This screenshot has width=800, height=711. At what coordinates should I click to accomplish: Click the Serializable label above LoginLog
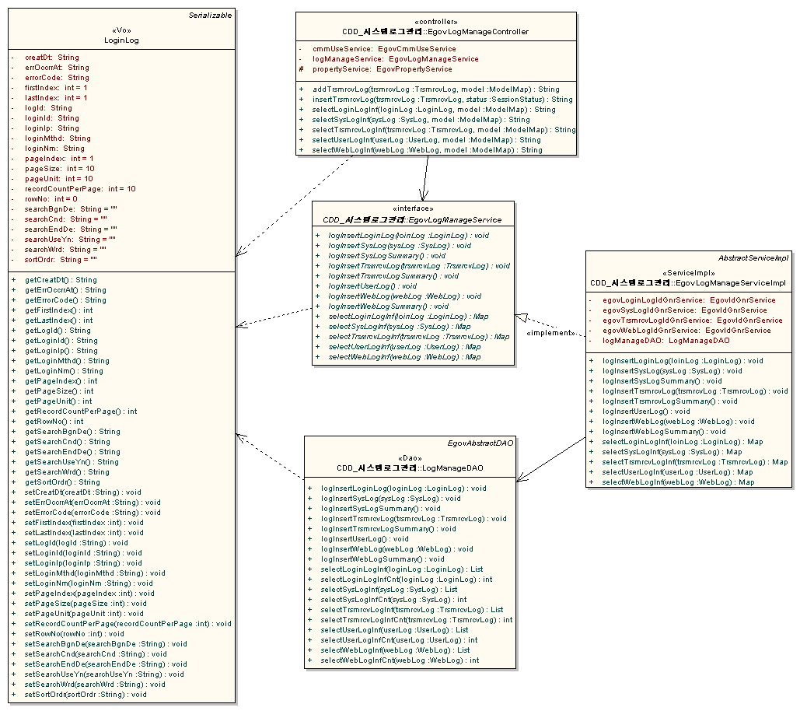(x=211, y=16)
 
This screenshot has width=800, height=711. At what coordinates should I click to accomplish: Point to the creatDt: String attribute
(x=51, y=58)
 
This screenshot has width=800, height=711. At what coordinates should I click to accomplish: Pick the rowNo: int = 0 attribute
(x=51, y=199)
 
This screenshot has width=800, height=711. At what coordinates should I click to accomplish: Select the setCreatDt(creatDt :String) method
(x=82, y=492)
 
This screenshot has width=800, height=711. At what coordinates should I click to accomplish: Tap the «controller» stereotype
(x=436, y=22)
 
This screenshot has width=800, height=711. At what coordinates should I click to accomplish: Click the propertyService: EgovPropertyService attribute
(x=382, y=69)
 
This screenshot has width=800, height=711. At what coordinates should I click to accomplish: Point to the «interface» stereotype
(x=413, y=208)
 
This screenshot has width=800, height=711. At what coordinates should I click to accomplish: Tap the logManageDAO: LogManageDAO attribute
(x=666, y=341)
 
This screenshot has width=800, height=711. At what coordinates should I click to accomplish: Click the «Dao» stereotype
(x=410, y=458)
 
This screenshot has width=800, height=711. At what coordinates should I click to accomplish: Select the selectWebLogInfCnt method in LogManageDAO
(x=400, y=660)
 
